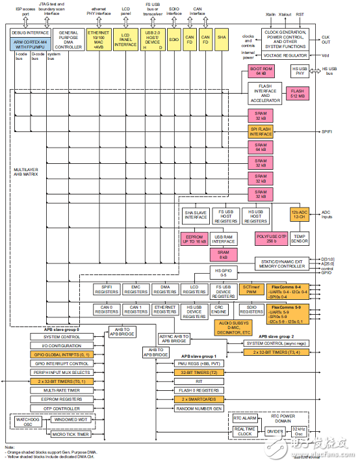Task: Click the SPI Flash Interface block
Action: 261,131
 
